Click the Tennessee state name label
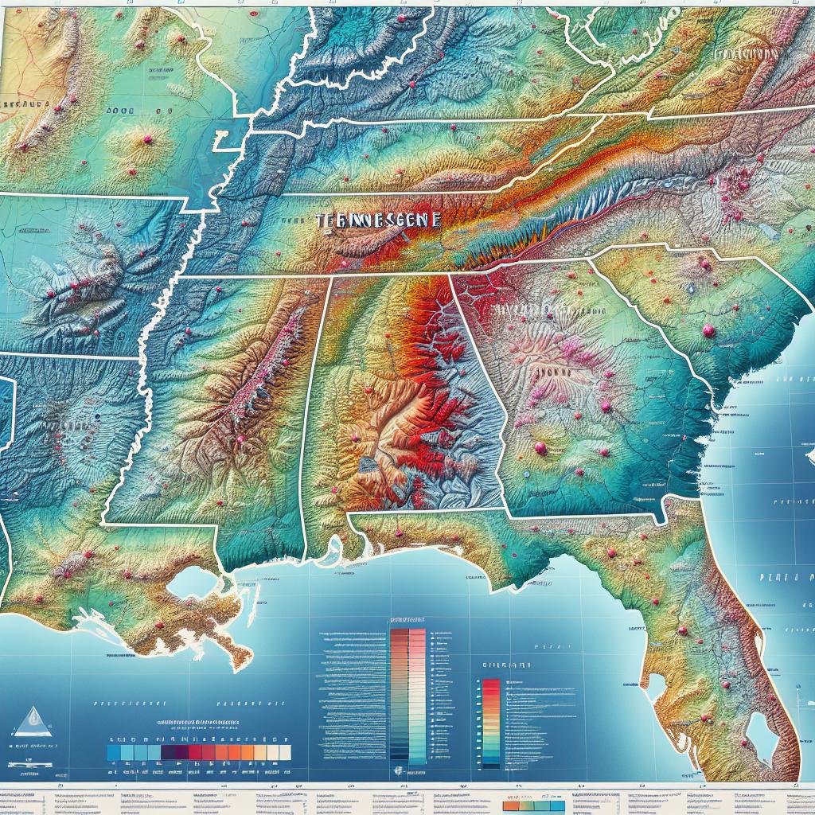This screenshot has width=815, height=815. click(x=376, y=220)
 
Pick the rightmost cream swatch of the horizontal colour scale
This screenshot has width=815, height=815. click(x=284, y=752)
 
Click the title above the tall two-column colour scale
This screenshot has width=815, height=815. click(x=408, y=619)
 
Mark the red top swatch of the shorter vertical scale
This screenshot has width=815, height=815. click(x=491, y=684)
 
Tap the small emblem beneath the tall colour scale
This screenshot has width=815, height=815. click(x=397, y=771)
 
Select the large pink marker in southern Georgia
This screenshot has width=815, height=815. click(x=541, y=449)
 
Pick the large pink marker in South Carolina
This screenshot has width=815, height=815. click(x=707, y=330)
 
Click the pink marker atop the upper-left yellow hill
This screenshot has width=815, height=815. click(x=147, y=139)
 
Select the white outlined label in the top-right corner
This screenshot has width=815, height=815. click(x=746, y=53)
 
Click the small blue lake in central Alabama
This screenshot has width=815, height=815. click(x=369, y=462)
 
